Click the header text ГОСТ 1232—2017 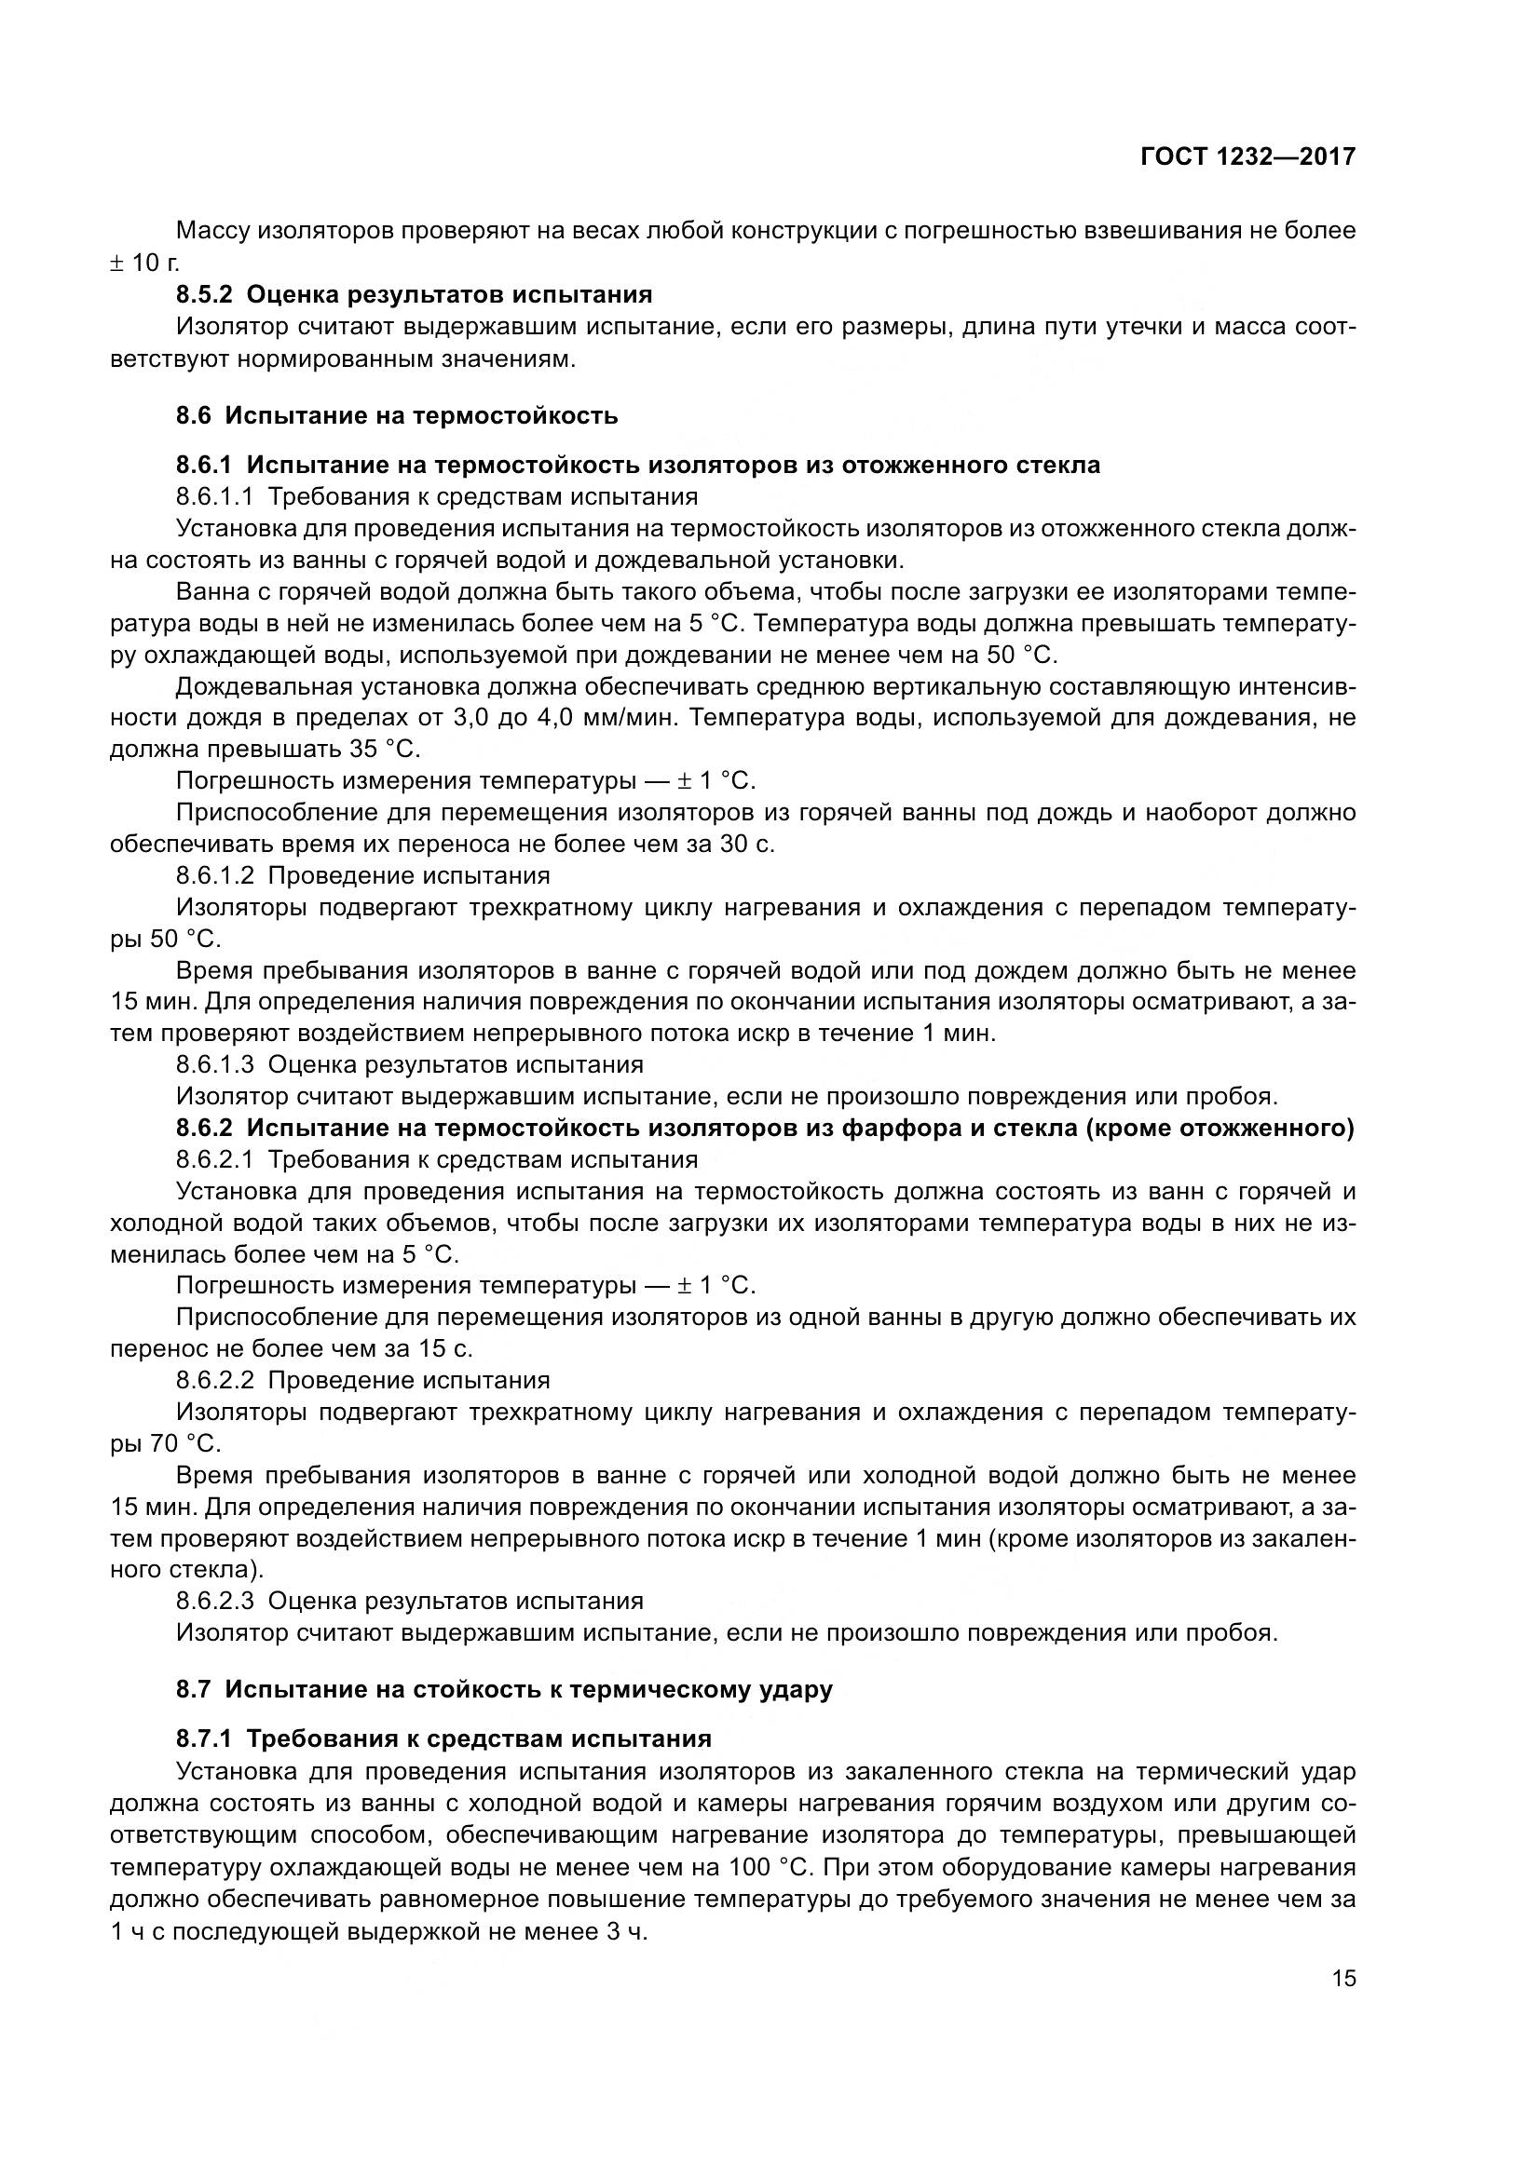click(x=1247, y=156)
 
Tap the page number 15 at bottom click(x=1343, y=1979)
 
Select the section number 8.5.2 click(x=204, y=294)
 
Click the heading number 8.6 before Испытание click(x=194, y=415)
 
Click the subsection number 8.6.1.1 click(x=214, y=496)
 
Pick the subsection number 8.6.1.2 click(x=214, y=875)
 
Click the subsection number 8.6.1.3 click(x=214, y=1064)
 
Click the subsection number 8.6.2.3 click(x=214, y=1602)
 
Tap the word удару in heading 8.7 click(x=798, y=1689)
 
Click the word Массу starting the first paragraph click(x=213, y=231)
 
